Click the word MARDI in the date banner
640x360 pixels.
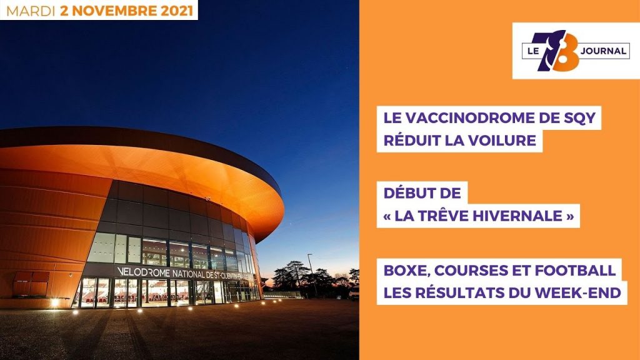coord(31,11)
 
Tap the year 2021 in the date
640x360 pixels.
coord(176,11)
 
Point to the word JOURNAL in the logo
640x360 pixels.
coord(603,51)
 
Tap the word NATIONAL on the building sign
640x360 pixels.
coord(189,274)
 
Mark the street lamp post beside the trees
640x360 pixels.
coord(312,275)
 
